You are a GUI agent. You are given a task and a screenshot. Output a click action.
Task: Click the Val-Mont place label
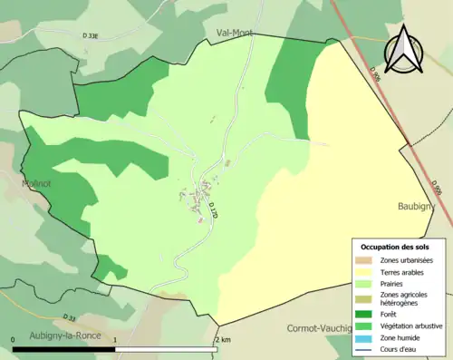pos(234,33)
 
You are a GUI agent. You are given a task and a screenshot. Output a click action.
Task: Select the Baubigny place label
pos(417,207)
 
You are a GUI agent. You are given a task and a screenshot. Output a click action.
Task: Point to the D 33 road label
pos(70,317)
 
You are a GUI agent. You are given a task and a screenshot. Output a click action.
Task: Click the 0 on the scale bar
pos(14,339)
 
